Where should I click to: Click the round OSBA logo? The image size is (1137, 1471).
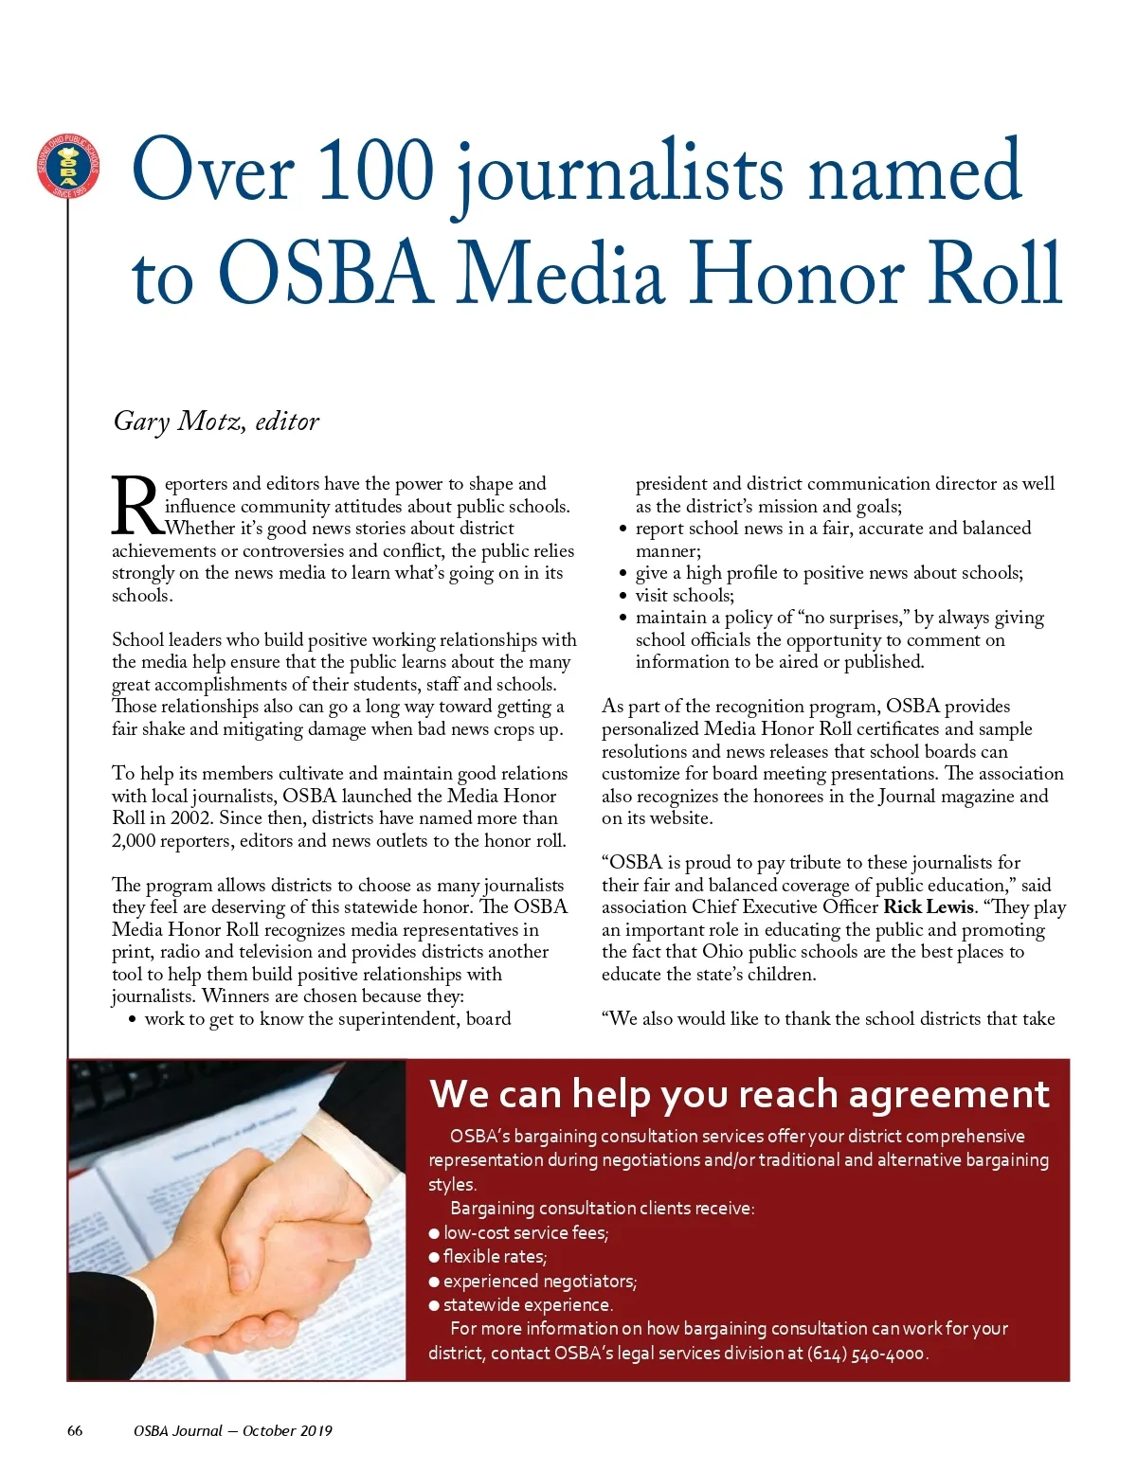pyautogui.click(x=68, y=167)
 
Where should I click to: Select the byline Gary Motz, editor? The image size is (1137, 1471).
pyautogui.click(x=216, y=421)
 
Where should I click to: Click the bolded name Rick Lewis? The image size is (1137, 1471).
pyautogui.click(x=928, y=907)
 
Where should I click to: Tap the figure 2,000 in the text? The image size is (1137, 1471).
pyautogui.click(x=133, y=841)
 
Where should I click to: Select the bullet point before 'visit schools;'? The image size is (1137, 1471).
pyautogui.click(x=623, y=597)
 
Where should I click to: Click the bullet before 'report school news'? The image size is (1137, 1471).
pyautogui.click(x=623, y=529)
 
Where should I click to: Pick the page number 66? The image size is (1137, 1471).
pyautogui.click(x=75, y=1431)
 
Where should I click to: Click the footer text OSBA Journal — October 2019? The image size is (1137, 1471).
pyautogui.click(x=233, y=1431)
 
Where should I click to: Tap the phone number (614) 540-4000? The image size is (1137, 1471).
pyautogui.click(x=866, y=1354)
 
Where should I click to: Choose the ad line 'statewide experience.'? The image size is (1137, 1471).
pyautogui.click(x=528, y=1305)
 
